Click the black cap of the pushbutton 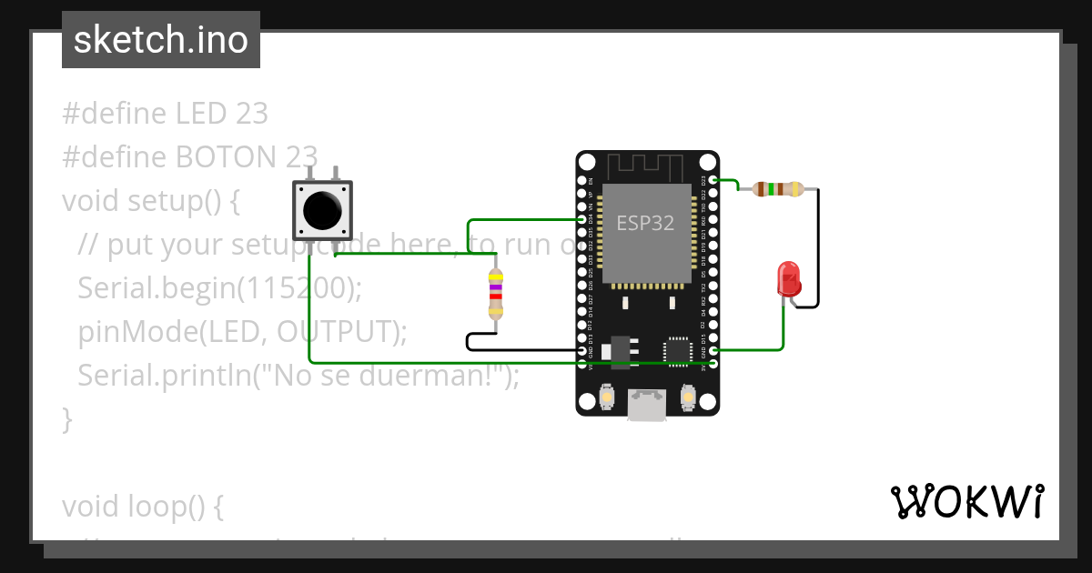[323, 211]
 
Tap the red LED [788, 277]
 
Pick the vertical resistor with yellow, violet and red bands [495, 293]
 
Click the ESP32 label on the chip [645, 223]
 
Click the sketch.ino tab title [161, 40]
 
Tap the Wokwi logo [966, 501]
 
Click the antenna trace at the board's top [646, 166]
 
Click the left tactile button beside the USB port [607, 397]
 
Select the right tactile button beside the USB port [688, 397]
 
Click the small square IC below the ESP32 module [678, 350]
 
